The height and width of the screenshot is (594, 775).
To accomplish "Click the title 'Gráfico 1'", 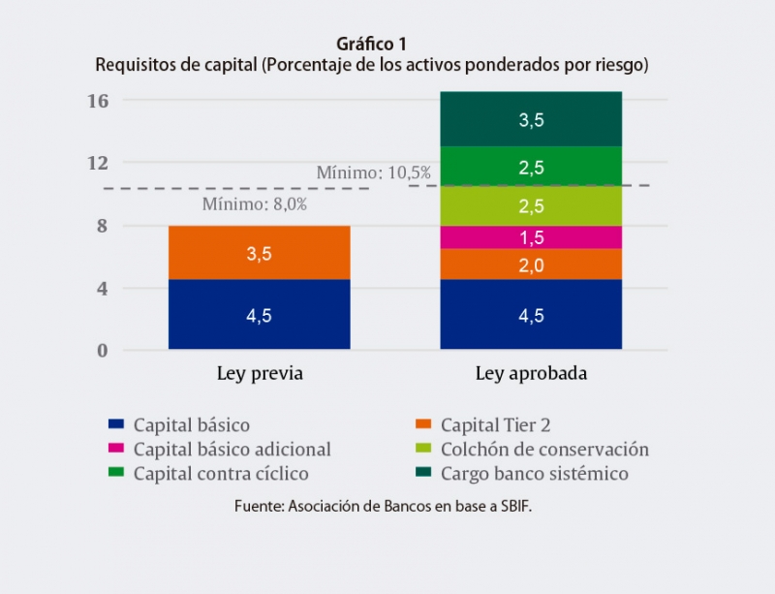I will [x=371, y=45].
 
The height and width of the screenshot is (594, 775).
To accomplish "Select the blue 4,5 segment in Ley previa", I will [x=259, y=314].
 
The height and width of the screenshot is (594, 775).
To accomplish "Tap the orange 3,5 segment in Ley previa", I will [x=259, y=253].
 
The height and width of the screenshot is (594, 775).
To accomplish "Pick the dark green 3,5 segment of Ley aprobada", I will [x=531, y=119].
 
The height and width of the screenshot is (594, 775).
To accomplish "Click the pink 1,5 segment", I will [x=531, y=237].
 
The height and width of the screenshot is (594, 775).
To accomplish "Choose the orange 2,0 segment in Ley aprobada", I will [x=531, y=265].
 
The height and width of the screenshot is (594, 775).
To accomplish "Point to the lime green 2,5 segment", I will [x=531, y=205].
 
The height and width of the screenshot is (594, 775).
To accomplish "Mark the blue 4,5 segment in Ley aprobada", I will [x=531, y=314].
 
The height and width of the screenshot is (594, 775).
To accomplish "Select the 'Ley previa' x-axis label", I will [x=259, y=374].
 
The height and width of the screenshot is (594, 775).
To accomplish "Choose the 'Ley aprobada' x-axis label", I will [x=531, y=374].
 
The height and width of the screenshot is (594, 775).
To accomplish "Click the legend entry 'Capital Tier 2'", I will [x=495, y=424].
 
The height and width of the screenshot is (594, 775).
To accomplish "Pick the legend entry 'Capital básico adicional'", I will [x=232, y=450].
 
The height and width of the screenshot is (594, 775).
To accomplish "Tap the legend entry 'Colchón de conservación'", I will [x=543, y=450].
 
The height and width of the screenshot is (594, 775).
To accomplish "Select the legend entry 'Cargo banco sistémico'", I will [x=534, y=474].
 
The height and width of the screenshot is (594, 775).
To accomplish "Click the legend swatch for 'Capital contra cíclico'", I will [x=117, y=474].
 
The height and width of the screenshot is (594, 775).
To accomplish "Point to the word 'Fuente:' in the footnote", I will [x=259, y=507].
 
